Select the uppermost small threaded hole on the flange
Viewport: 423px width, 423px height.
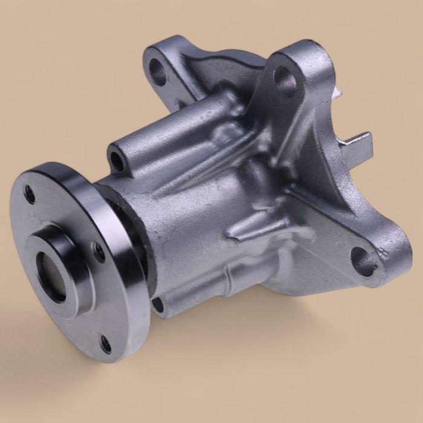pyautogui.click(x=30, y=193)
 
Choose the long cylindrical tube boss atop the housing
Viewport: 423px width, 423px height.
pyautogui.click(x=175, y=133)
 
